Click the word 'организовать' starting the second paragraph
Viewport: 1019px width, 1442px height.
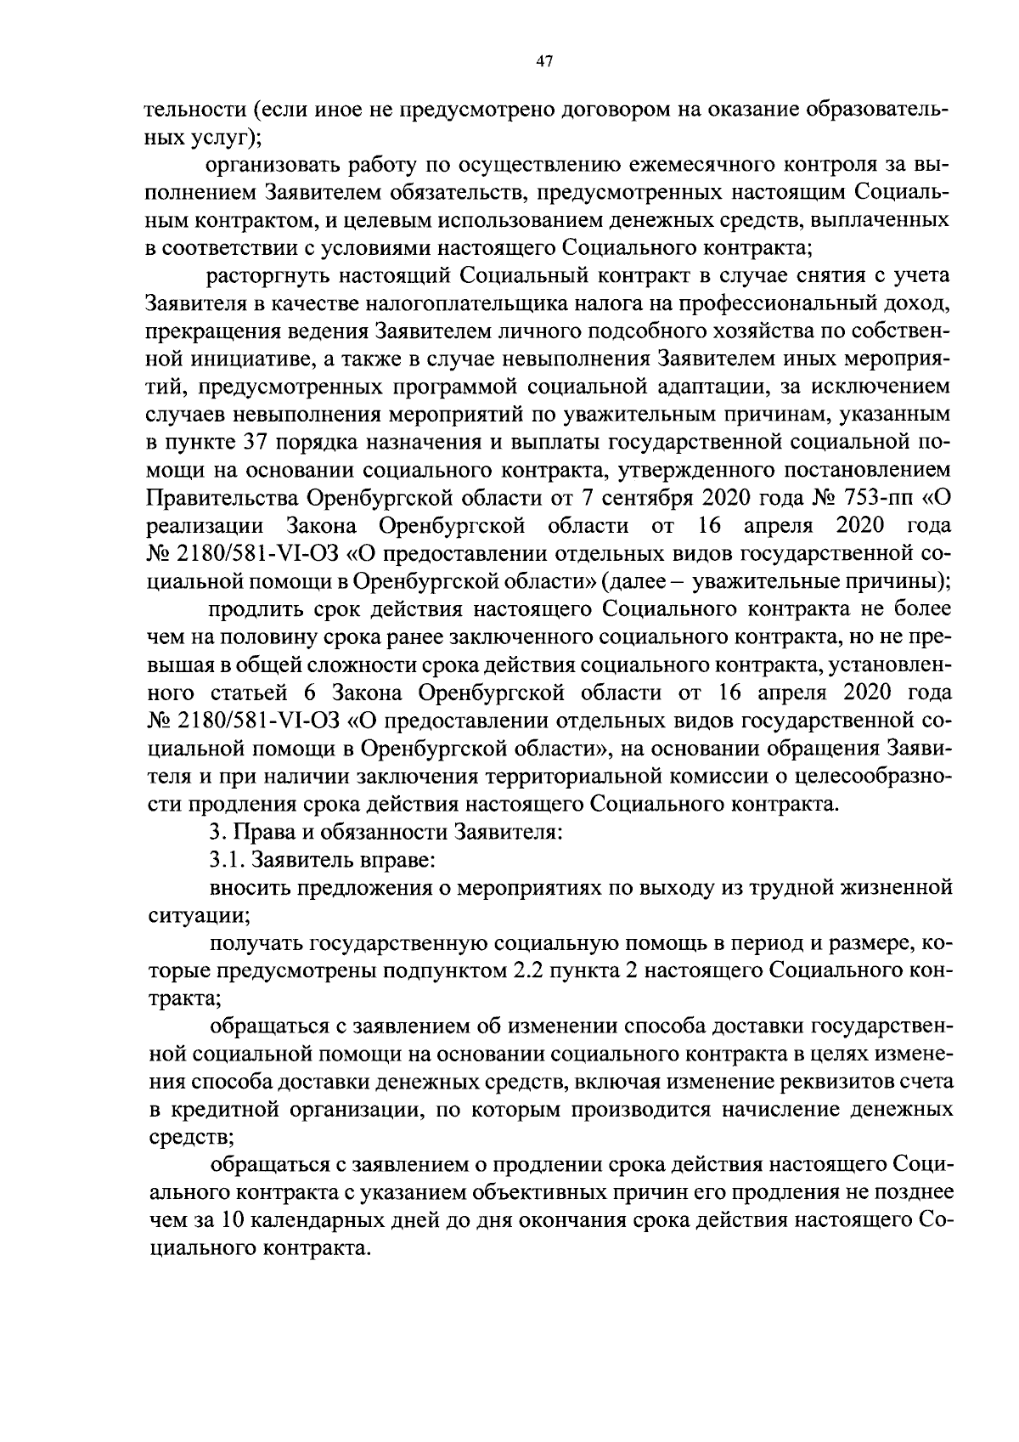point(273,163)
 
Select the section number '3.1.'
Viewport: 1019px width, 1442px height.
point(225,860)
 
